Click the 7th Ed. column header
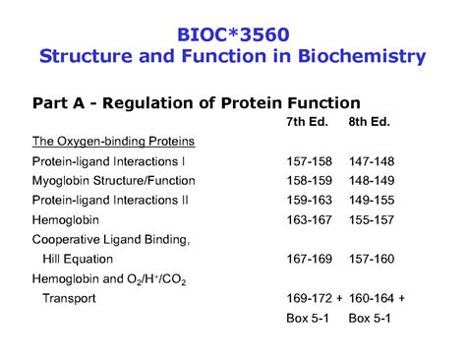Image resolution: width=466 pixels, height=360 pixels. click(309, 122)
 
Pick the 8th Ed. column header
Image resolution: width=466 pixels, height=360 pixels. click(370, 122)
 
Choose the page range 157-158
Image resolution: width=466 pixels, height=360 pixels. click(311, 160)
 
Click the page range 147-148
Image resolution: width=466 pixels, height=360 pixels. click(372, 160)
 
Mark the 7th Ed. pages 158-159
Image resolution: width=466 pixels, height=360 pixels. click(311, 180)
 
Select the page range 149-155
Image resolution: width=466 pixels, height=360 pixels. click(372, 200)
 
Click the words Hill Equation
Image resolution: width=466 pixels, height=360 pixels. click(78, 259)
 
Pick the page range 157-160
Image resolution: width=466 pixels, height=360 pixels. click(372, 259)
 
